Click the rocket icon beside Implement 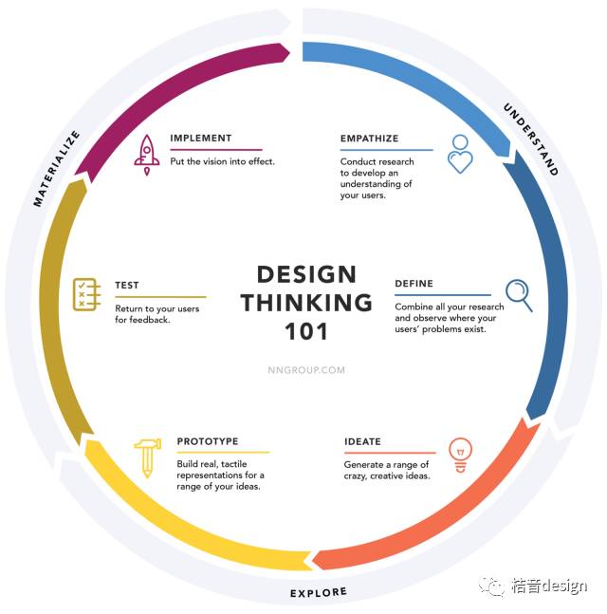pyautogui.click(x=147, y=155)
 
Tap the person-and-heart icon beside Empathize pyautogui.click(x=460, y=153)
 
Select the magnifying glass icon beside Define pyautogui.click(x=519, y=294)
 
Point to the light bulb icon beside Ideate pyautogui.click(x=460, y=455)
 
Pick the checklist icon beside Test pyautogui.click(x=87, y=295)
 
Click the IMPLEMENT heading pyautogui.click(x=201, y=139)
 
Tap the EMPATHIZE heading pyautogui.click(x=369, y=139)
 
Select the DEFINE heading pyautogui.click(x=414, y=284)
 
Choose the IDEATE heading pyautogui.click(x=362, y=441)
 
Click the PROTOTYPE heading pyautogui.click(x=208, y=441)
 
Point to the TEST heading pyautogui.click(x=127, y=285)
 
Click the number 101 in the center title pyautogui.click(x=306, y=331)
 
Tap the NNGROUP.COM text pyautogui.click(x=306, y=370)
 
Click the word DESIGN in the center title pyautogui.click(x=306, y=274)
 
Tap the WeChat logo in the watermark pyautogui.click(x=491, y=586)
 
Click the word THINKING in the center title pyautogui.click(x=306, y=303)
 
